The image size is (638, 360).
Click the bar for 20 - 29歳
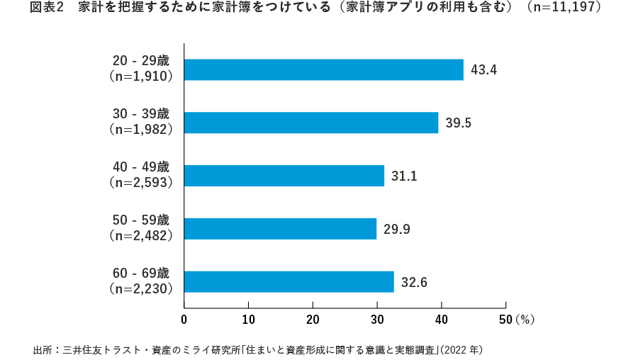point(323,69)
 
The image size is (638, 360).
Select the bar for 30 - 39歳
point(311,123)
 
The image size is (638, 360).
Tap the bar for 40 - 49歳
point(284,176)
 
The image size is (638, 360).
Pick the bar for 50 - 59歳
point(280,229)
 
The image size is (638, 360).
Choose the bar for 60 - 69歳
point(289,282)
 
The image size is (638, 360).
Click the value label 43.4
point(483,70)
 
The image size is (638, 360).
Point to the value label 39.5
point(459,123)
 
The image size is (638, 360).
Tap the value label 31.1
point(404,176)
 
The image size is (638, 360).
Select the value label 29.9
point(396,230)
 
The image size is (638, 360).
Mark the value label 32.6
point(414,283)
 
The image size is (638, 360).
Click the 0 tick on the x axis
point(184,320)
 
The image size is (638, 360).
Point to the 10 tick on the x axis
point(248,320)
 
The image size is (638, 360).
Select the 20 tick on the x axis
point(313,320)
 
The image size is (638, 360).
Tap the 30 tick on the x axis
point(377,320)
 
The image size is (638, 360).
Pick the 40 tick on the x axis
point(441,320)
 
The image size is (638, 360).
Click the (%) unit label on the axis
point(525,320)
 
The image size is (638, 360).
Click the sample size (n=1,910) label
point(142,77)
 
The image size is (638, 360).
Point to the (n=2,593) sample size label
point(142,183)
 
